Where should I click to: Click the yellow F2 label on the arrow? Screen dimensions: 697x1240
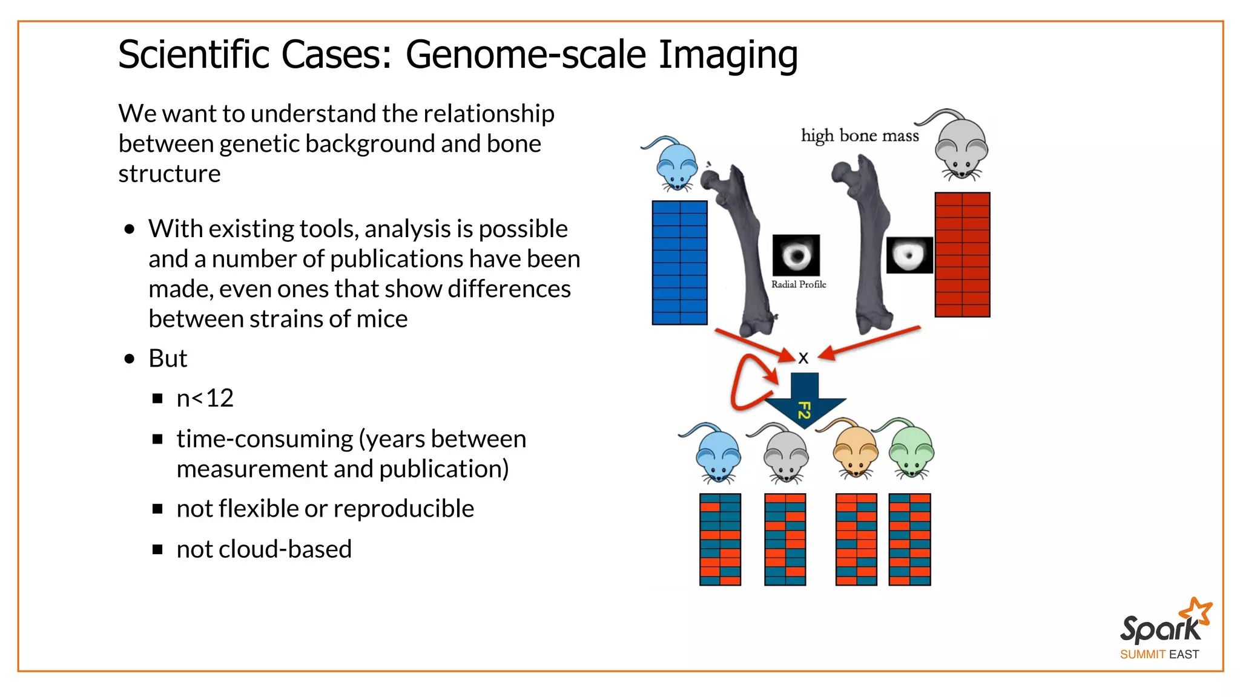tap(804, 410)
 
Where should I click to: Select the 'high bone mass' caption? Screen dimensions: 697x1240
tap(859, 136)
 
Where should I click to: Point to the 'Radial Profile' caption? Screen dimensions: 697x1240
tap(798, 284)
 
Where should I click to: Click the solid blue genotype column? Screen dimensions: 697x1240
tap(679, 263)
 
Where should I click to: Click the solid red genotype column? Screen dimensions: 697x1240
tap(961, 255)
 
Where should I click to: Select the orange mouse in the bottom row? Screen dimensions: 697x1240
tap(854, 451)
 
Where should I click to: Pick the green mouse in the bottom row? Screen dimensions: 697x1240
tap(911, 451)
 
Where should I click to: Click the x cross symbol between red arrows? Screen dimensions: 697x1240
tap(803, 358)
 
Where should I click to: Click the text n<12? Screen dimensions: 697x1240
tap(205, 398)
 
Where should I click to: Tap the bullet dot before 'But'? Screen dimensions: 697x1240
tap(129, 359)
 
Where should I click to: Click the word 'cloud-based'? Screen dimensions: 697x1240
tap(285, 549)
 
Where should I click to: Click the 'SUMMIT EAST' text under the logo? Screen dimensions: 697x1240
tap(1159, 655)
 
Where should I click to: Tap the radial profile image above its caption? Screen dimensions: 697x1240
tap(796, 255)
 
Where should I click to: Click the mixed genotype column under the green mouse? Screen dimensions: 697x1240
tap(909, 539)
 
